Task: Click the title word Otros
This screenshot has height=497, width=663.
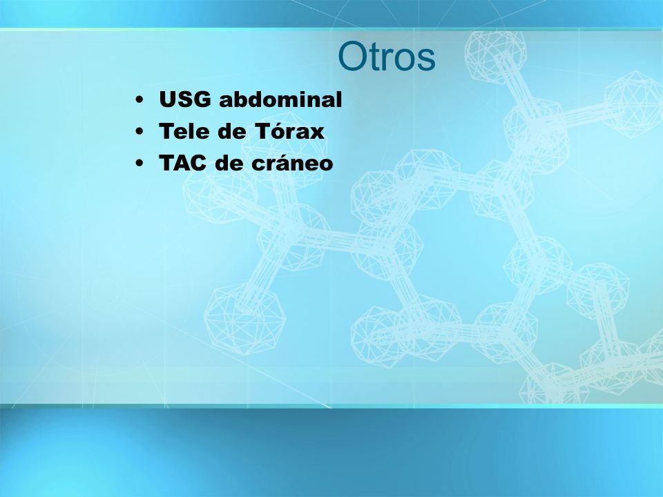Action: click(387, 56)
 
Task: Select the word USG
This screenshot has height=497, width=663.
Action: click(185, 99)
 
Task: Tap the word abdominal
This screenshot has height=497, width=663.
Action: click(280, 99)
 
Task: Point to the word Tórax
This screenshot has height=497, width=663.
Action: click(290, 130)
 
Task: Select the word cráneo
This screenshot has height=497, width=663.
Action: click(292, 162)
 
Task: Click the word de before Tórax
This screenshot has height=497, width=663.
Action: click(232, 131)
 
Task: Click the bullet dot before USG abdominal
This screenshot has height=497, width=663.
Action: click(139, 101)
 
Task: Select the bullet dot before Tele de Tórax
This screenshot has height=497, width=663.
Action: click(139, 132)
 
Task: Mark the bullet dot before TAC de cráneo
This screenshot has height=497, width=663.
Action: click(139, 164)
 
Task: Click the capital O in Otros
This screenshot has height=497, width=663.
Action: click(352, 56)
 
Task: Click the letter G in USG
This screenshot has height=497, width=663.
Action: click(202, 99)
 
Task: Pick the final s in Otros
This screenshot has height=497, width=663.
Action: click(427, 61)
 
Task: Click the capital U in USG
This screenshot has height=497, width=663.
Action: click(167, 99)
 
